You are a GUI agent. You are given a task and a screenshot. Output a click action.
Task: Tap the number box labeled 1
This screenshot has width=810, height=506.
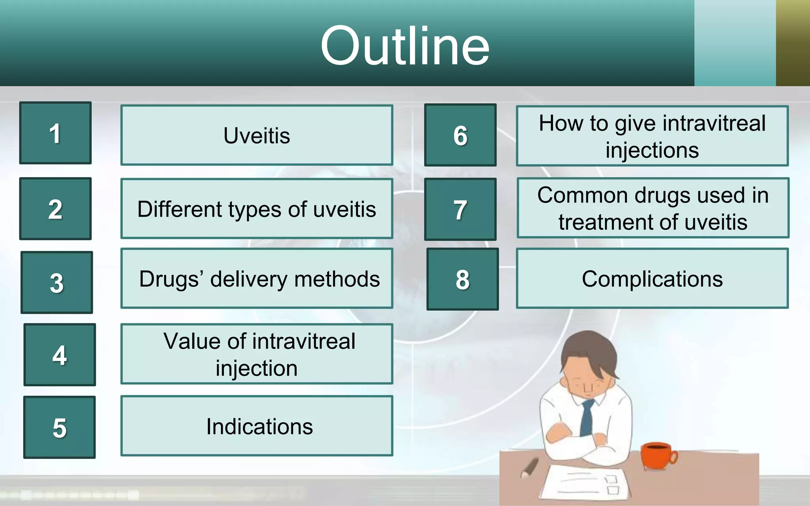pyautogui.click(x=55, y=133)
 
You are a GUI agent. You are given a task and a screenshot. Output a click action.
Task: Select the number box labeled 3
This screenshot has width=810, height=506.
pyautogui.click(x=57, y=282)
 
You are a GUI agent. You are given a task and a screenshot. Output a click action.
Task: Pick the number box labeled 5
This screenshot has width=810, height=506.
pyautogui.click(x=59, y=427)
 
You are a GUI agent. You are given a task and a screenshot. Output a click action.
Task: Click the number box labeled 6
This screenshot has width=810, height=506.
pyautogui.click(x=460, y=135)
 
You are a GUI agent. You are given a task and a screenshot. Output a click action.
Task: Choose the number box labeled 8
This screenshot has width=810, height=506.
pyautogui.click(x=462, y=279)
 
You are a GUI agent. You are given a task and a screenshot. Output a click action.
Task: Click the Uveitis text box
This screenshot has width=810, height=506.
pyautogui.click(x=257, y=135)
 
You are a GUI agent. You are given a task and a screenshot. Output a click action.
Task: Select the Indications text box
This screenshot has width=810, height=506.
pyautogui.click(x=257, y=426)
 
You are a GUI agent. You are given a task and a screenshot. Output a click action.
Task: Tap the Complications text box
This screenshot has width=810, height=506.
pyautogui.click(x=652, y=278)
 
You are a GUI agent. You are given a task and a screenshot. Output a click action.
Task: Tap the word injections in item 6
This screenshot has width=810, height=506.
pyautogui.click(x=652, y=151)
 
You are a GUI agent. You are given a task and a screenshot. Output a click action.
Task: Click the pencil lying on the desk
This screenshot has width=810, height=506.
pyautogui.click(x=530, y=467)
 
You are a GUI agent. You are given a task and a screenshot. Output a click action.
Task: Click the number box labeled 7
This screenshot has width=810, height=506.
pyautogui.click(x=460, y=209)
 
